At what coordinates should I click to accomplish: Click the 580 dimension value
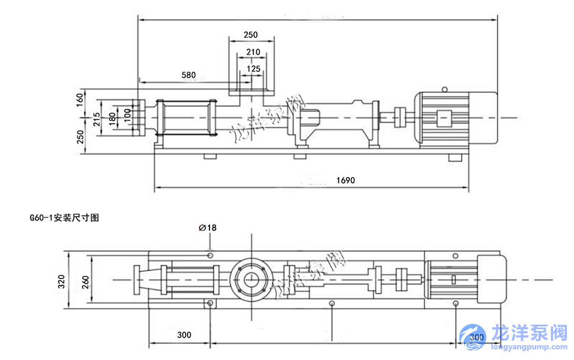pos(188,75)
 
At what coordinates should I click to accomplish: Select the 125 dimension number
pos(253,69)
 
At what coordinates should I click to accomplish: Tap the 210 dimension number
pos(253,52)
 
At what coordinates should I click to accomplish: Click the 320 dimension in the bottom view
pos(62,280)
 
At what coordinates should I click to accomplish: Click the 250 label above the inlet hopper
pos(251,35)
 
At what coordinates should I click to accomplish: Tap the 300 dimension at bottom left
pos(184,335)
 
